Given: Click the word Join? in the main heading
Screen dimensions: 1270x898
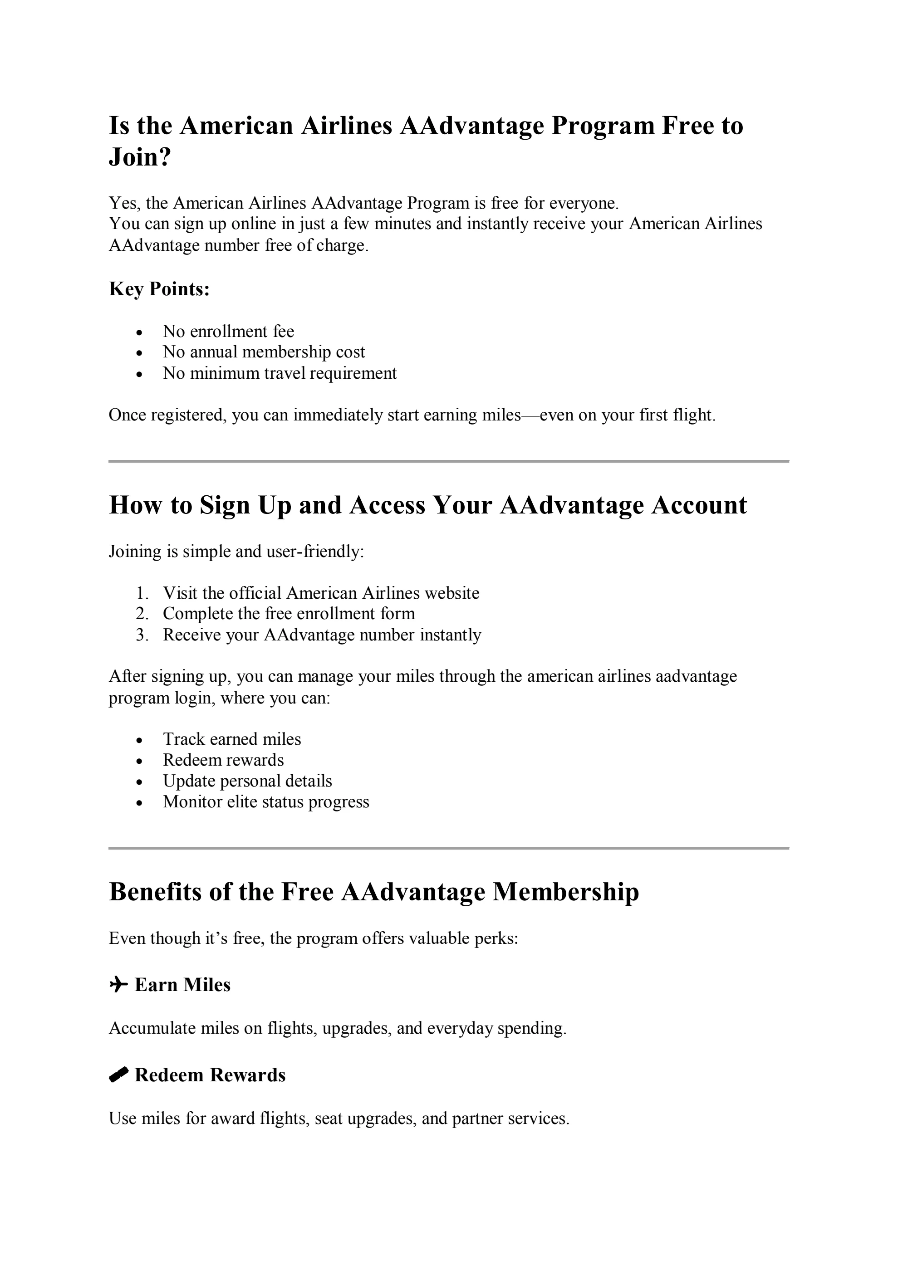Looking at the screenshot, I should point(140,158).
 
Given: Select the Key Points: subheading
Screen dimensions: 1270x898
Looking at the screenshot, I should point(159,289).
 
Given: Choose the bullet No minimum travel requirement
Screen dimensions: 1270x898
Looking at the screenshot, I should point(280,373).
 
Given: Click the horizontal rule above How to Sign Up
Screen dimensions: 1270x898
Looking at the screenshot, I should point(448,461).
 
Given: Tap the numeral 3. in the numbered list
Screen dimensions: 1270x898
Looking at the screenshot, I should point(142,635).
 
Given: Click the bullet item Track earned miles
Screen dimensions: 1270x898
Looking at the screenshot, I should point(231,739).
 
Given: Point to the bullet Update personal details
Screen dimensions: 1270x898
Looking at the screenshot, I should point(247,781).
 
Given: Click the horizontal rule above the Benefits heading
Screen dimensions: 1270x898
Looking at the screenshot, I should point(448,849).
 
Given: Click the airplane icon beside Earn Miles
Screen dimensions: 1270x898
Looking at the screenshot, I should point(118,985).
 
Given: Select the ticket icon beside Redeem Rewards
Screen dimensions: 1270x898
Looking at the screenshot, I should point(118,1075).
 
